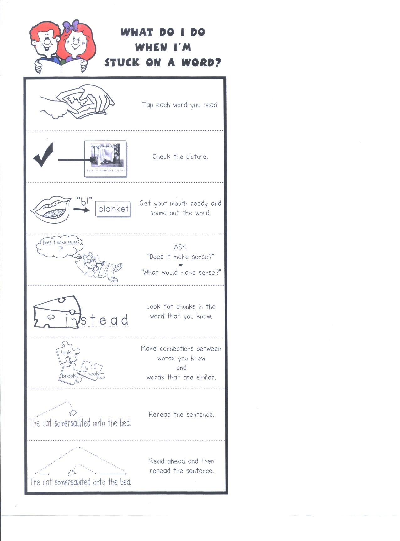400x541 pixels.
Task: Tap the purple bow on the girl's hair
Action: tap(71, 25)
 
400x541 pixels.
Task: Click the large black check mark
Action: tap(43, 155)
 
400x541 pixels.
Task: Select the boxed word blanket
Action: tap(113, 209)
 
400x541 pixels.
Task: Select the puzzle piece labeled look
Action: tap(67, 352)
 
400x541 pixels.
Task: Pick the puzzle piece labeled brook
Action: tap(69, 374)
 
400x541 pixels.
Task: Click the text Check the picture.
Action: tap(180, 156)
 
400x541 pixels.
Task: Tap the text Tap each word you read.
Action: tap(180, 105)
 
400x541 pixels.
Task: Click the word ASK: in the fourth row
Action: tap(181, 247)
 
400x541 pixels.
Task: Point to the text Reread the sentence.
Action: tap(181, 415)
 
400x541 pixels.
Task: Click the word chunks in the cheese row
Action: tap(186, 307)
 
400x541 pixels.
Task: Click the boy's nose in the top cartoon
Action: tap(47, 41)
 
